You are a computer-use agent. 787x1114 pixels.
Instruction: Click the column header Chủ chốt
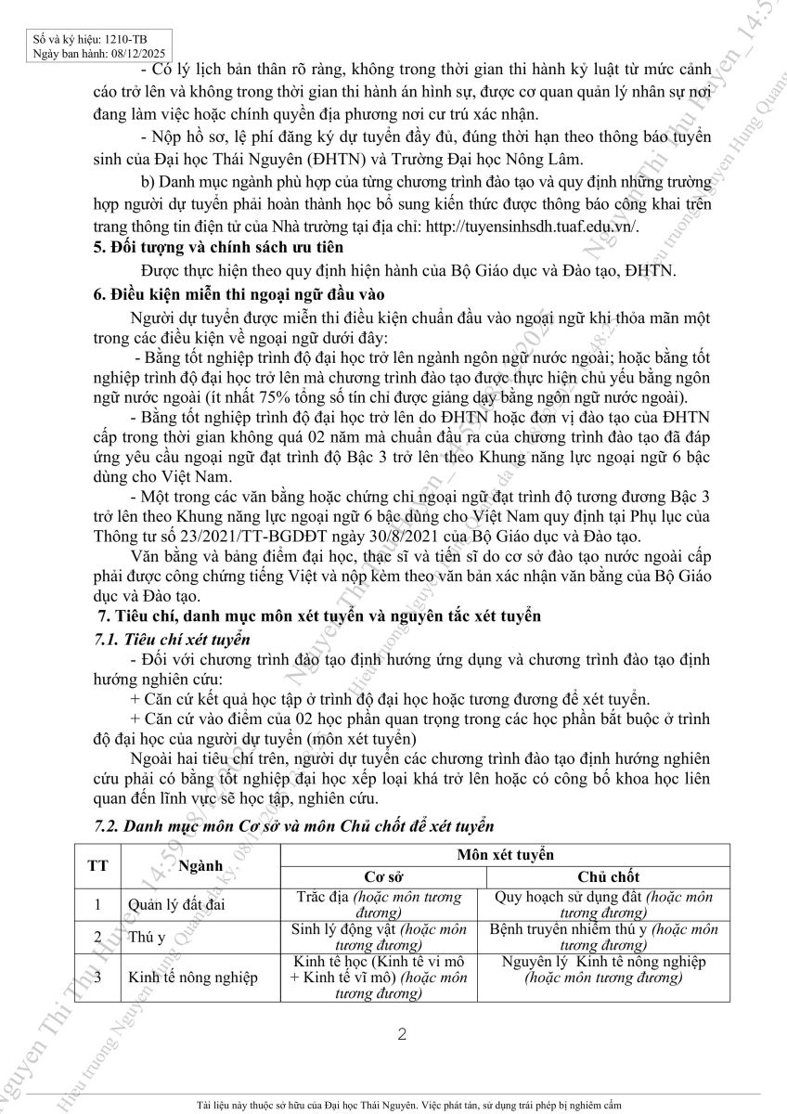[x=608, y=876]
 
